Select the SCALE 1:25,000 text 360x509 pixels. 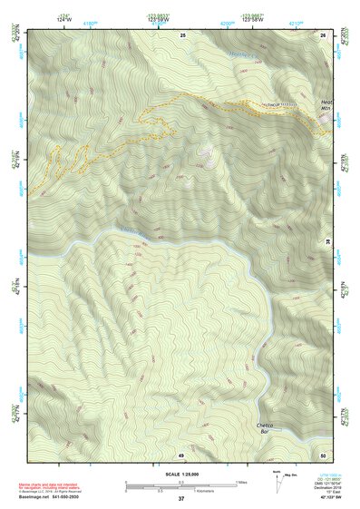pyautogui.click(x=180, y=474)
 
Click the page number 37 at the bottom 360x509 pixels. pyautogui.click(x=180, y=499)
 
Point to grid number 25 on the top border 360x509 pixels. pyautogui.click(x=182, y=34)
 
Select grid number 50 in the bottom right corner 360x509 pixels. pyautogui.click(x=324, y=454)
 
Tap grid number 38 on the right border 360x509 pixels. pyautogui.click(x=328, y=241)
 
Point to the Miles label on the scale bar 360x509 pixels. pyautogui.click(x=241, y=482)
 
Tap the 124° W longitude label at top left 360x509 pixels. pyautogui.click(x=63, y=18)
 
